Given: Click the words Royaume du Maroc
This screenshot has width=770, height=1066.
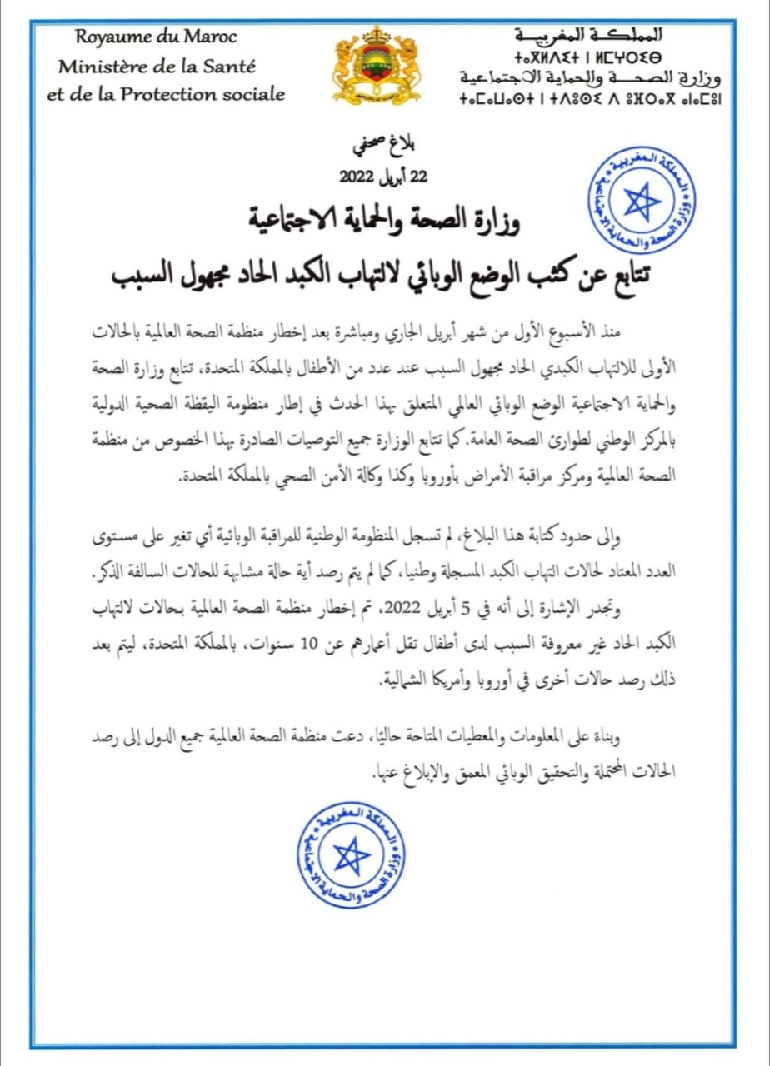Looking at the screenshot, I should coord(156,37).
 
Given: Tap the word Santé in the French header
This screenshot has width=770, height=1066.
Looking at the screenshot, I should coord(234,66).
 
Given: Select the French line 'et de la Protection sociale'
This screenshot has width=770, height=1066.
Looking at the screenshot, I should coord(166,93).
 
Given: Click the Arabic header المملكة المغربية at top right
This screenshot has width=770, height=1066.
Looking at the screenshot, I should coord(589,35).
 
